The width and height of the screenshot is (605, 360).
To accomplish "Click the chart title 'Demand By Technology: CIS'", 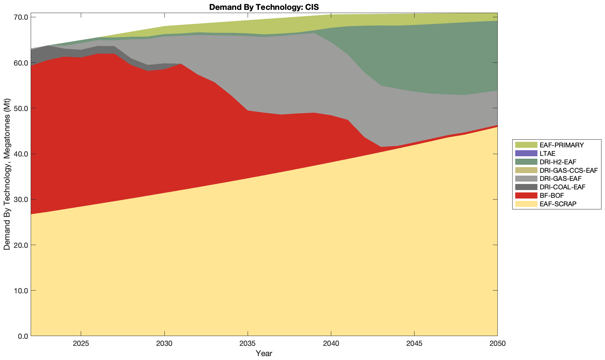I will click(264, 7).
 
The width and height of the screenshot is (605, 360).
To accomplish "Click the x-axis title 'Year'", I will click(264, 353).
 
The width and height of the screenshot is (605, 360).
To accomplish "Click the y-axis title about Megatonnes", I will click(7, 175).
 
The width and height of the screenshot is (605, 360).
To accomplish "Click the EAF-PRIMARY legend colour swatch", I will click(526, 145).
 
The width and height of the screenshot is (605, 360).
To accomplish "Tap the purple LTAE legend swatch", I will click(526, 153).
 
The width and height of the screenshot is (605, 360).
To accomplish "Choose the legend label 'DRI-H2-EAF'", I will click(558, 162).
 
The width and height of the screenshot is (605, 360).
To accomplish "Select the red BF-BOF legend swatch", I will click(526, 195).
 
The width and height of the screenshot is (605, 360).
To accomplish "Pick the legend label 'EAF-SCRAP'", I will click(558, 204).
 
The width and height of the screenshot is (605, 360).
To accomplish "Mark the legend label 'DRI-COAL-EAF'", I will click(562, 187).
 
